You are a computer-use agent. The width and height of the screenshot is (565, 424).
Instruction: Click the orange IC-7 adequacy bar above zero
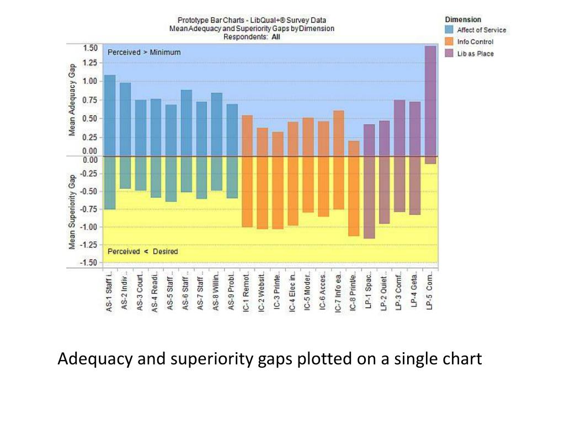[338, 133]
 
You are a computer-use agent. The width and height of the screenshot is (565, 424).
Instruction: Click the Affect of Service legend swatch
[449, 30]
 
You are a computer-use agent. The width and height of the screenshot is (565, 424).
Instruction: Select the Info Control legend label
[475, 42]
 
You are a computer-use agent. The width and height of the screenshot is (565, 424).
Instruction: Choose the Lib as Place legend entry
[475, 54]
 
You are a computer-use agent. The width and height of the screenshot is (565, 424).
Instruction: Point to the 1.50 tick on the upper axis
[90, 47]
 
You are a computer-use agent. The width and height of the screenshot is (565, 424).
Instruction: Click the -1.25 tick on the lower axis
[89, 244]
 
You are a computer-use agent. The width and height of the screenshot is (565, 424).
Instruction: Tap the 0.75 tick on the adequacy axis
[90, 100]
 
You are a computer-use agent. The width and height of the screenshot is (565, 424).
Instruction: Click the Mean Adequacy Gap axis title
[72, 99]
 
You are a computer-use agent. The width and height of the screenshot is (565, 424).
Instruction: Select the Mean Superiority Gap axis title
[72, 213]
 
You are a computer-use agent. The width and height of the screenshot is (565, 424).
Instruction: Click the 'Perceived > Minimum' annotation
[144, 52]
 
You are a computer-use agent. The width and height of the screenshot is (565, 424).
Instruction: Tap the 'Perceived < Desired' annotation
[142, 252]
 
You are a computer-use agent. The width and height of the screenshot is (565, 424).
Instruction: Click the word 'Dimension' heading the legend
[463, 19]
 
